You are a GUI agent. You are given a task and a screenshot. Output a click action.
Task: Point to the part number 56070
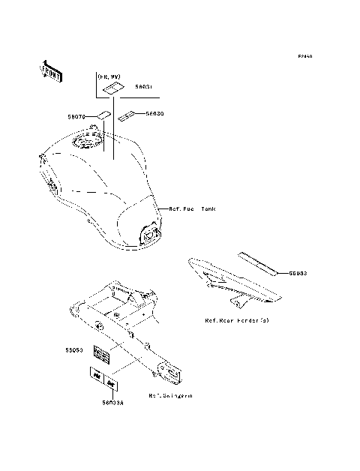[77, 116]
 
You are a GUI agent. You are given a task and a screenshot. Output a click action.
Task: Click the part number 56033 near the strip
[298, 274]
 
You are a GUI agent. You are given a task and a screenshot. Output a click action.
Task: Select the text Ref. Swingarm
[170, 395]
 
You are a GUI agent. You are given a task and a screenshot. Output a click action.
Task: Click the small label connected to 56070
[101, 116]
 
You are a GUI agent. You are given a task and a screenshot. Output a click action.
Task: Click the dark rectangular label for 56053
[103, 351]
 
